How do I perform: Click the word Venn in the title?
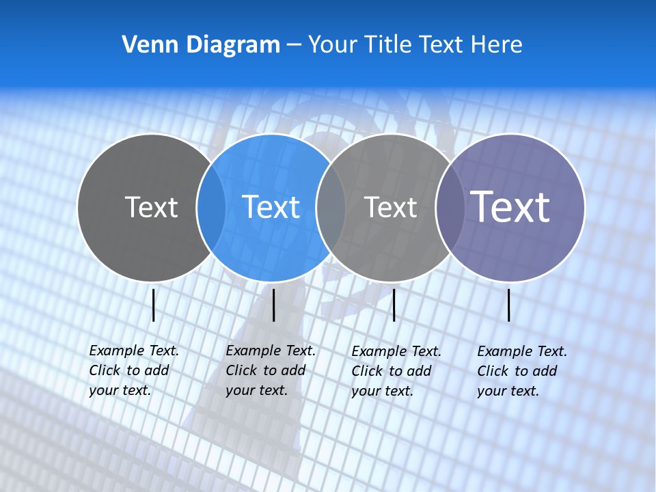145,45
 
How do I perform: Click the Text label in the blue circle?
271,207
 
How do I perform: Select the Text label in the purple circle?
510,207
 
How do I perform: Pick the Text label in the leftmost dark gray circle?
151,207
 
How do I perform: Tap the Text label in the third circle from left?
390,207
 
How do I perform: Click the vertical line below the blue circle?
273,305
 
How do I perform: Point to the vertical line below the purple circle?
509,305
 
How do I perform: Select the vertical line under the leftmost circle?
154,305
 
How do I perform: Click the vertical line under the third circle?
394,305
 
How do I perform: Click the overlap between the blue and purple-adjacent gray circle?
331,207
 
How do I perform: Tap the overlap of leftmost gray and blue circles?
211,207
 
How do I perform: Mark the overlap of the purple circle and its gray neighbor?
450,207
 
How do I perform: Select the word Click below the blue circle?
241,370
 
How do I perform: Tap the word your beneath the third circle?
366,391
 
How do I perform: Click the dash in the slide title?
294,45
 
